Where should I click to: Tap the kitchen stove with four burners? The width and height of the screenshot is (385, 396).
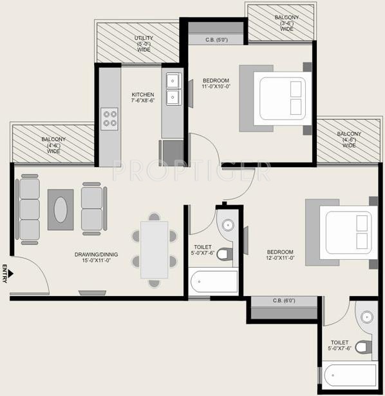(110, 118)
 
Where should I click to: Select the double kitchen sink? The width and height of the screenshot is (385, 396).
(173, 89)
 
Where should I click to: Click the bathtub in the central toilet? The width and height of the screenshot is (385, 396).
(214, 283)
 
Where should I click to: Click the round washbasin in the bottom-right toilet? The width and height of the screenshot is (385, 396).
(366, 317)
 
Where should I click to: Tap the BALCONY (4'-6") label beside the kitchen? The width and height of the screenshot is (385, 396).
(53, 144)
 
